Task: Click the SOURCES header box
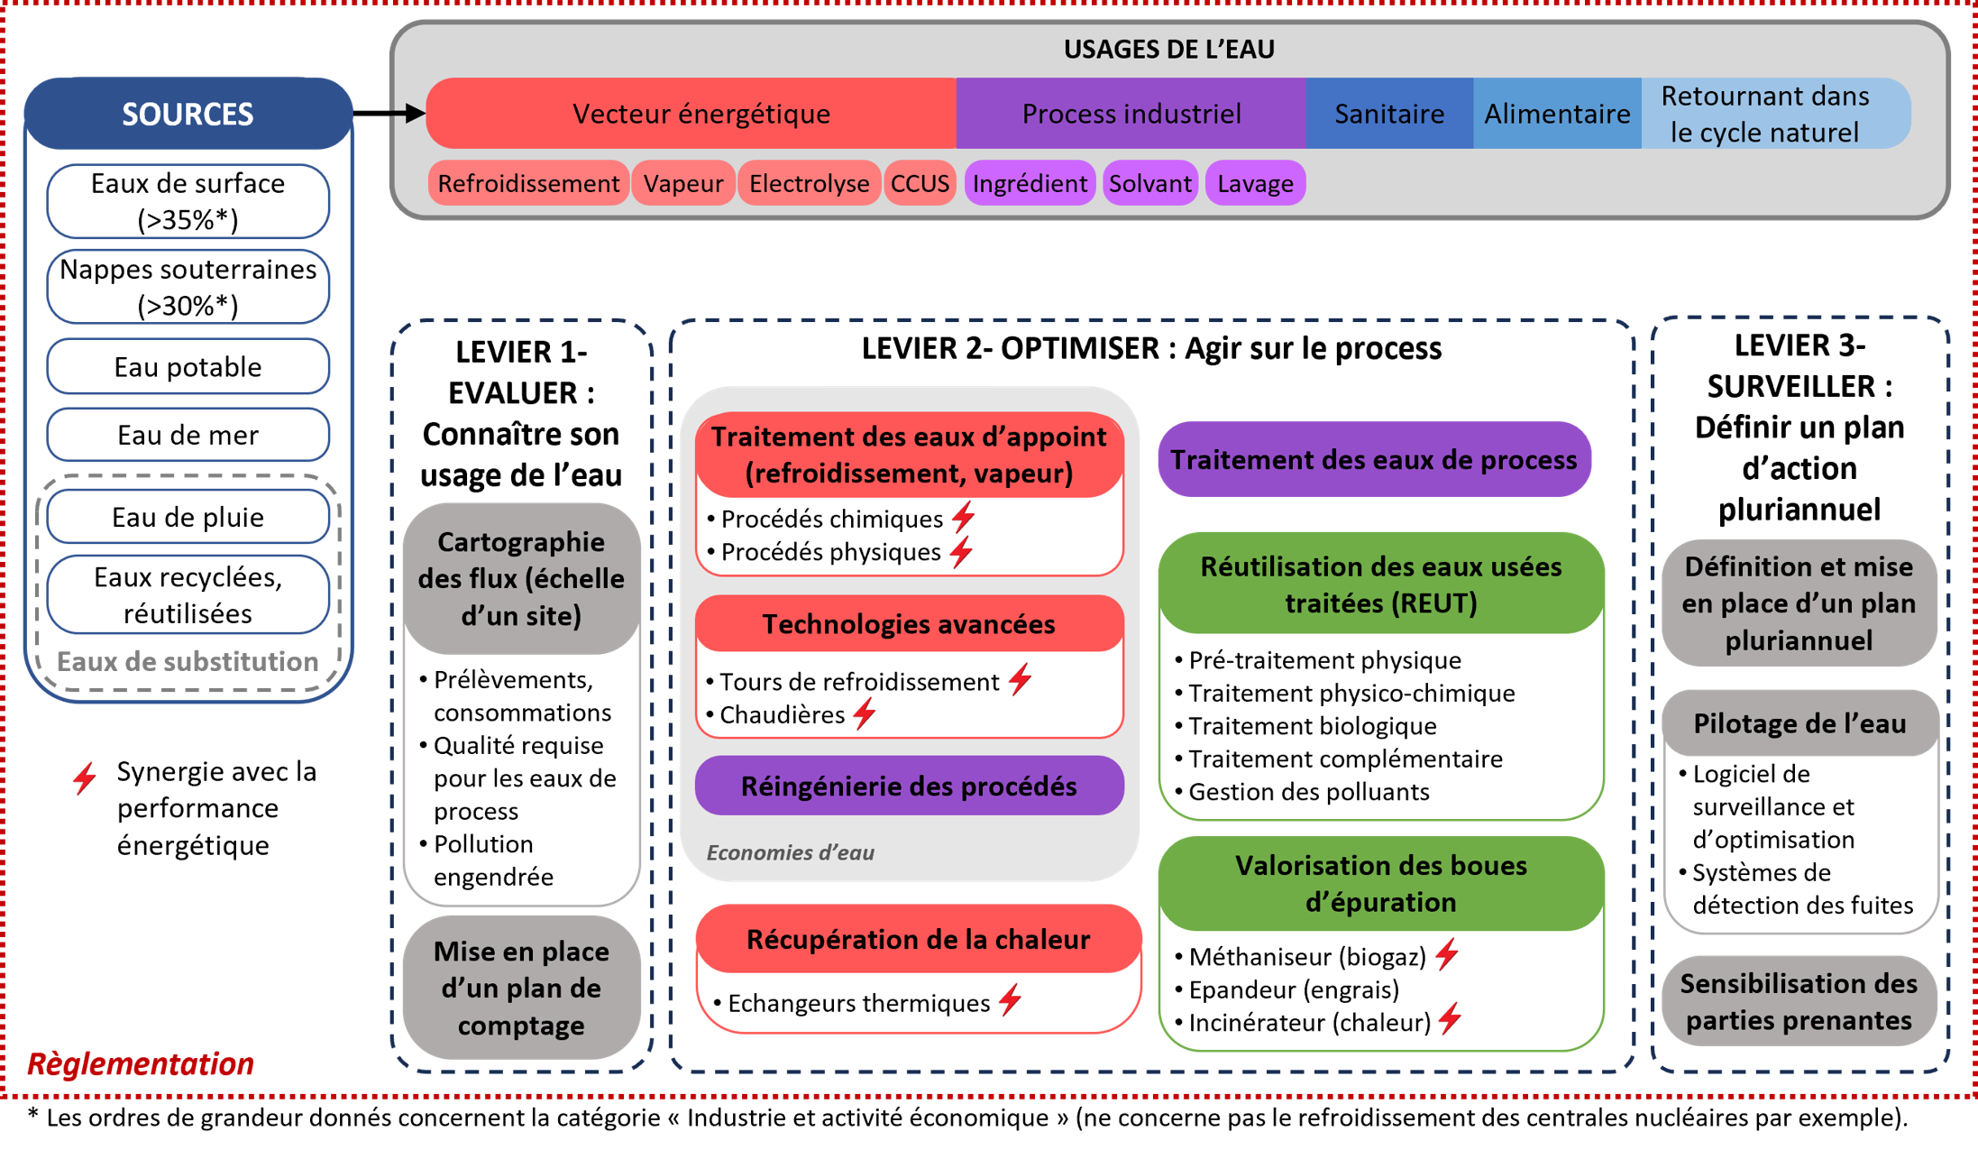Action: pos(188,115)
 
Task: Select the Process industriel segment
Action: pos(1131,114)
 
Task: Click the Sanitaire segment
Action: pos(1388,114)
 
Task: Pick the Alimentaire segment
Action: pos(1557,114)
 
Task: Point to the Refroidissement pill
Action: pos(528,184)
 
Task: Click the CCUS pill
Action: pos(920,184)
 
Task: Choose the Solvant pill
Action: pos(1149,184)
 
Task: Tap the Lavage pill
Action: pos(1255,184)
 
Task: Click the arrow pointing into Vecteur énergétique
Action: pos(407,113)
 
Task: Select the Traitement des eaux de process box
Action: pos(1373,460)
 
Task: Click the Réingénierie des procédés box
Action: pos(909,787)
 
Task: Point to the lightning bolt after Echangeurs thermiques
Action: pos(1011,1000)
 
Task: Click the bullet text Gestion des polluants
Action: pos(1308,792)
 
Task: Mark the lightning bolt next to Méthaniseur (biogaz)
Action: pos(1447,954)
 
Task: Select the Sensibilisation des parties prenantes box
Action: pos(1799,1001)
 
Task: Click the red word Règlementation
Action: pos(141,1064)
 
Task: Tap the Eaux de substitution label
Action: pos(188,662)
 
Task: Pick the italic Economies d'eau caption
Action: pos(790,852)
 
